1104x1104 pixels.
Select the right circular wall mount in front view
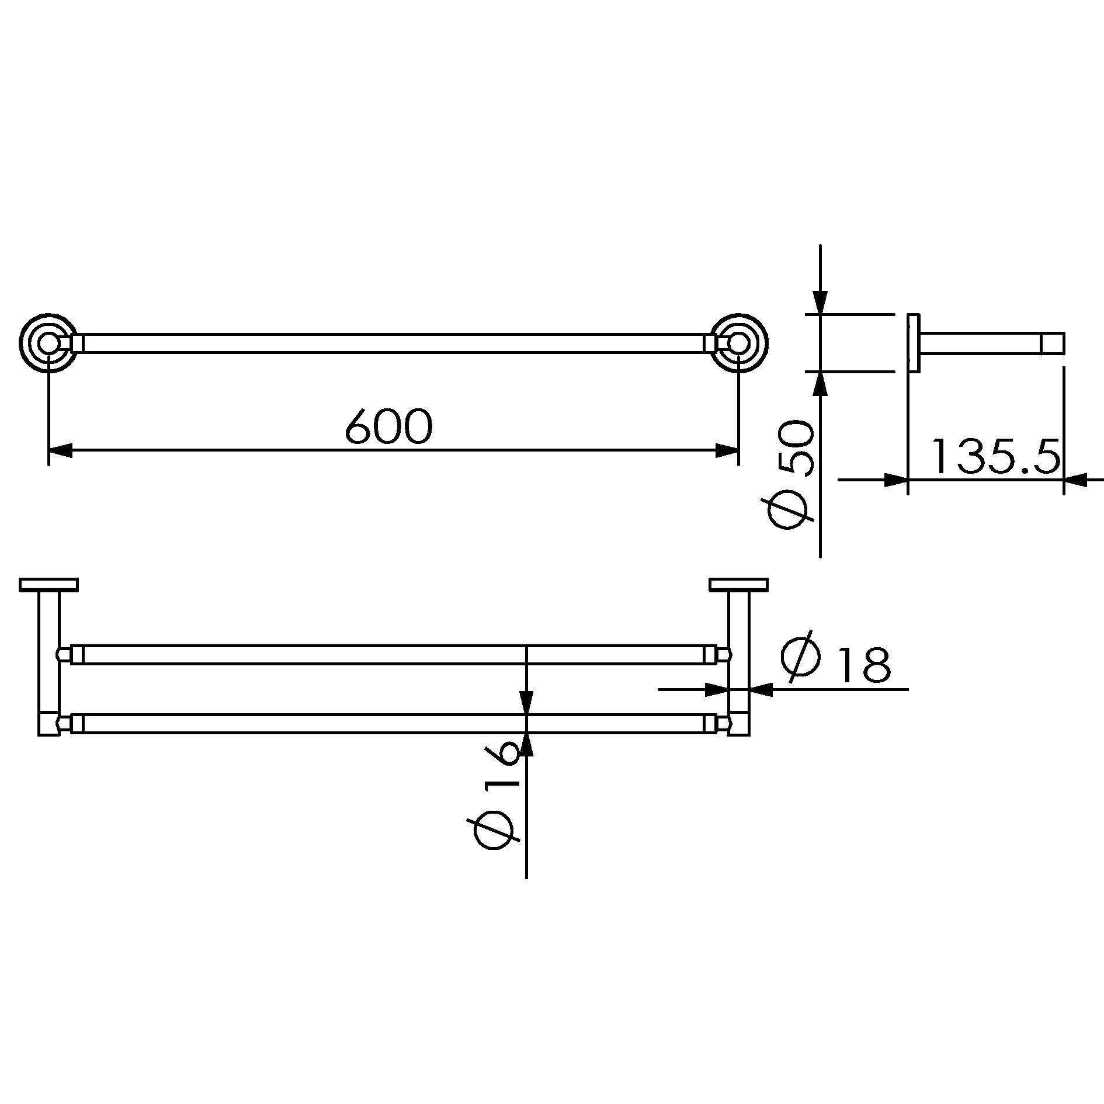(x=739, y=343)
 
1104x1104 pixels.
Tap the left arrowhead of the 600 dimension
(x=60, y=450)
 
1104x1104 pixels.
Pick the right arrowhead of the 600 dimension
(x=727, y=450)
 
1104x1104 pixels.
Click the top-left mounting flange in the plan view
(x=48, y=585)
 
